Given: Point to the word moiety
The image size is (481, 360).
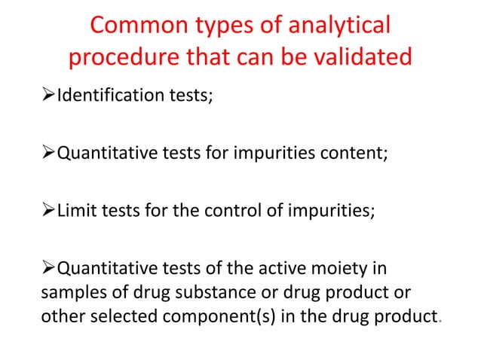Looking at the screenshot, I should click(338, 270).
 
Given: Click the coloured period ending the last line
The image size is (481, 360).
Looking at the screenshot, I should click(440, 322).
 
